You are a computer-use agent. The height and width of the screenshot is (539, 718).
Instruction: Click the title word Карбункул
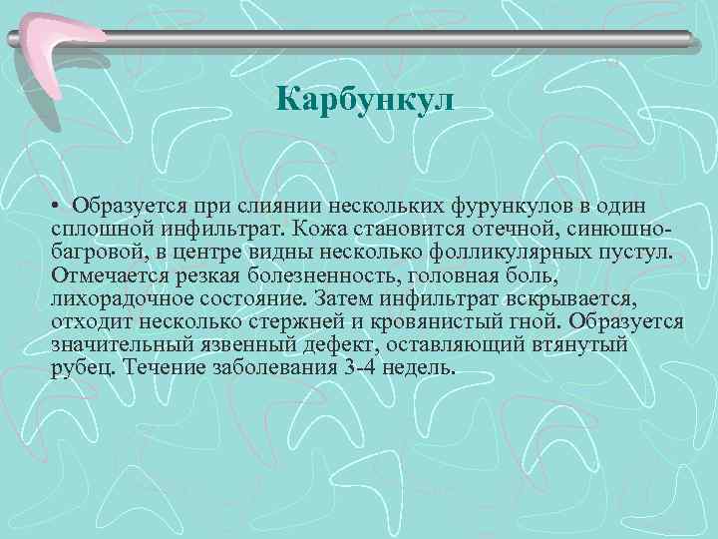pos(364,101)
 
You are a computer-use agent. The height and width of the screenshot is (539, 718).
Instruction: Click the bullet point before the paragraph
pos(58,206)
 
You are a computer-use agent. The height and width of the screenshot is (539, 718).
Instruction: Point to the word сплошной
pos(99,228)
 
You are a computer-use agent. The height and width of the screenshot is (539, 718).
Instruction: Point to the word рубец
pos(80,367)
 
